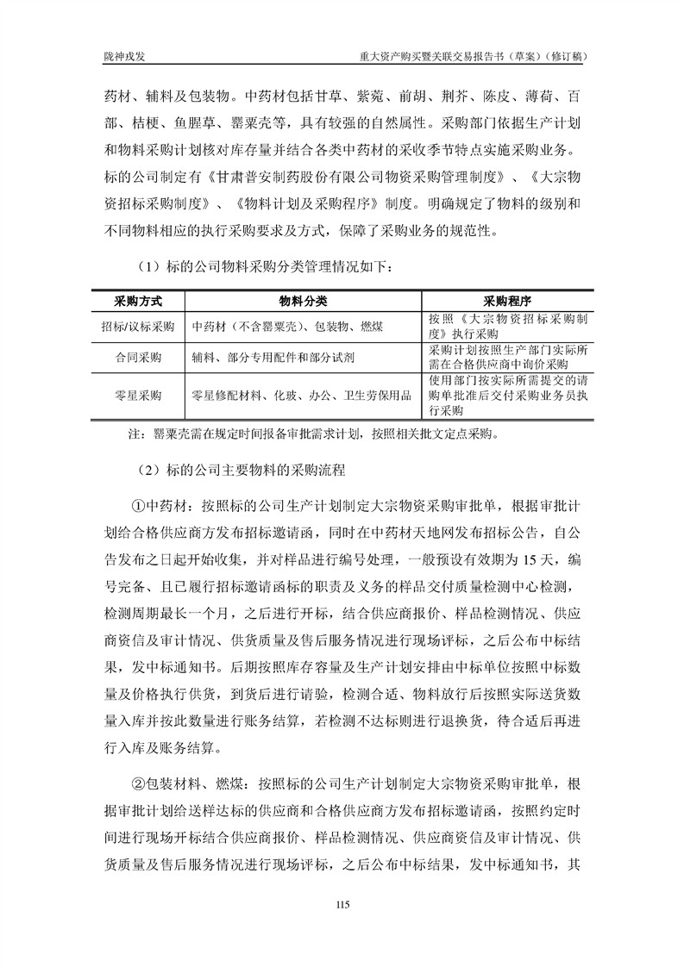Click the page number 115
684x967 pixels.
342,905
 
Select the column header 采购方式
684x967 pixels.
138,302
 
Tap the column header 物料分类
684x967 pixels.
303,302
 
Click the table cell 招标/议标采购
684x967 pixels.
138,327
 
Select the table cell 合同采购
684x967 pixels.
138,358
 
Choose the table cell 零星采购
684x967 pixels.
138,396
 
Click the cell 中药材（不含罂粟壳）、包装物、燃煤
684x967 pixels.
289,327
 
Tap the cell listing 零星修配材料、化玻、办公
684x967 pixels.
301,396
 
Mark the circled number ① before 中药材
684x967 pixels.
137,505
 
